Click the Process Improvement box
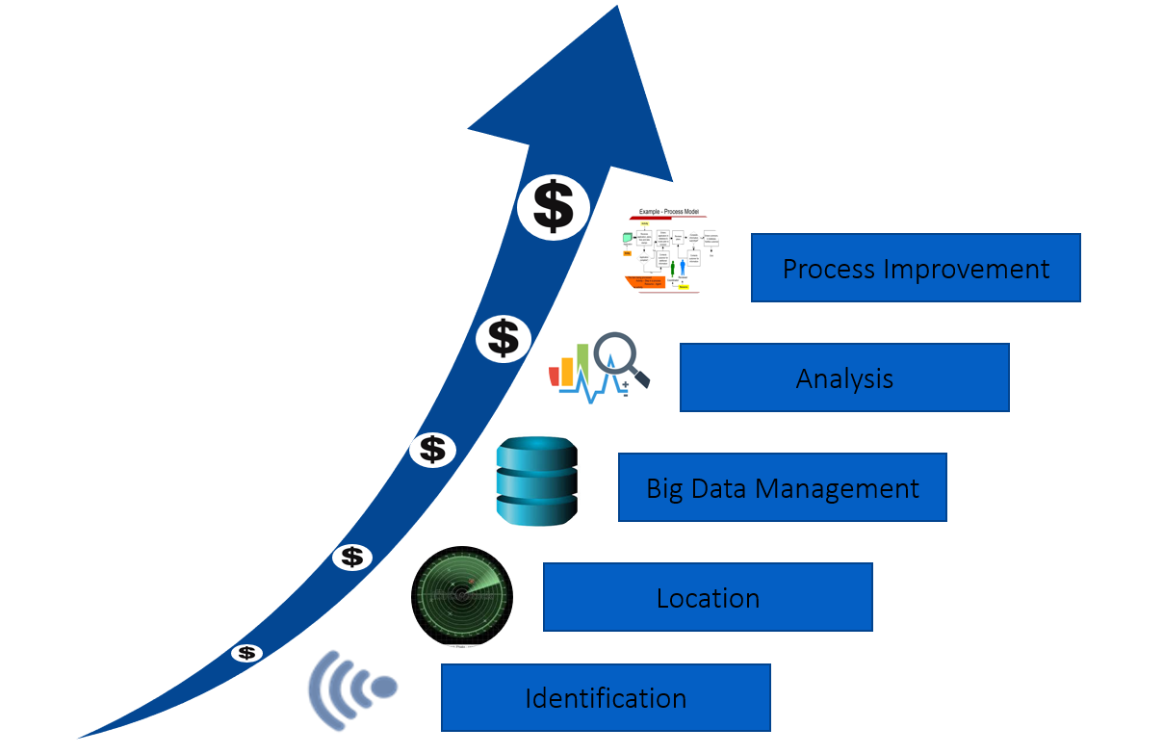[x=916, y=268]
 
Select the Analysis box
[x=844, y=377]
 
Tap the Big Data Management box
[x=782, y=487]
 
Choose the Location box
[x=708, y=597]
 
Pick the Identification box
[x=606, y=697]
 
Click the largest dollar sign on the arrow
[x=553, y=206]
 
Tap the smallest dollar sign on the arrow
[x=247, y=653]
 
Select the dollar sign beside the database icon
[x=432, y=450]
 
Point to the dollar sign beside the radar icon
[x=352, y=557]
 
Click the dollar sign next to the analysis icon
[x=503, y=338]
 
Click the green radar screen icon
[x=462, y=594]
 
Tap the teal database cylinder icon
[x=536, y=481]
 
